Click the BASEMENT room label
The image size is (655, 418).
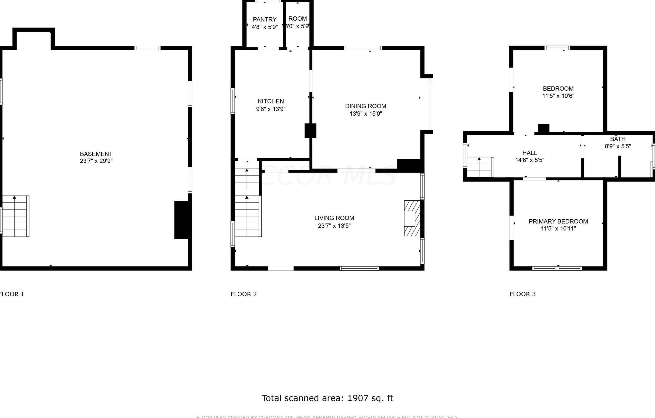(x=96, y=154)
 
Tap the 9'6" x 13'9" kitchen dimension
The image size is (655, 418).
(x=271, y=109)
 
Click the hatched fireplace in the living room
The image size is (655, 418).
(x=412, y=218)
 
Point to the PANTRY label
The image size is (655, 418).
(x=264, y=20)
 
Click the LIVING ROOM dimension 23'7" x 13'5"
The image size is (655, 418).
(x=334, y=226)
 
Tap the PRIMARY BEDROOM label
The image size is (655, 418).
(x=558, y=221)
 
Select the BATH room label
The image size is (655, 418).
(x=618, y=139)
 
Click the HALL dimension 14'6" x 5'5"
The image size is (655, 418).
(x=530, y=160)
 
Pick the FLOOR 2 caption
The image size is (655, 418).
(x=243, y=294)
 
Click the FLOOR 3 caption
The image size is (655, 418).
(x=522, y=294)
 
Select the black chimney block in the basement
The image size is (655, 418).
(x=181, y=220)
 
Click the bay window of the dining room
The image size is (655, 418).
(x=431, y=104)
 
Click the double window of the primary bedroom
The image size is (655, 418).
(x=557, y=269)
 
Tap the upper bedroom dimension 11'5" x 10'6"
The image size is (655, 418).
(x=558, y=96)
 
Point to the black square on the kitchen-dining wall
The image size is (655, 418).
(x=310, y=131)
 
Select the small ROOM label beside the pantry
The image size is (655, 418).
(x=297, y=19)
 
